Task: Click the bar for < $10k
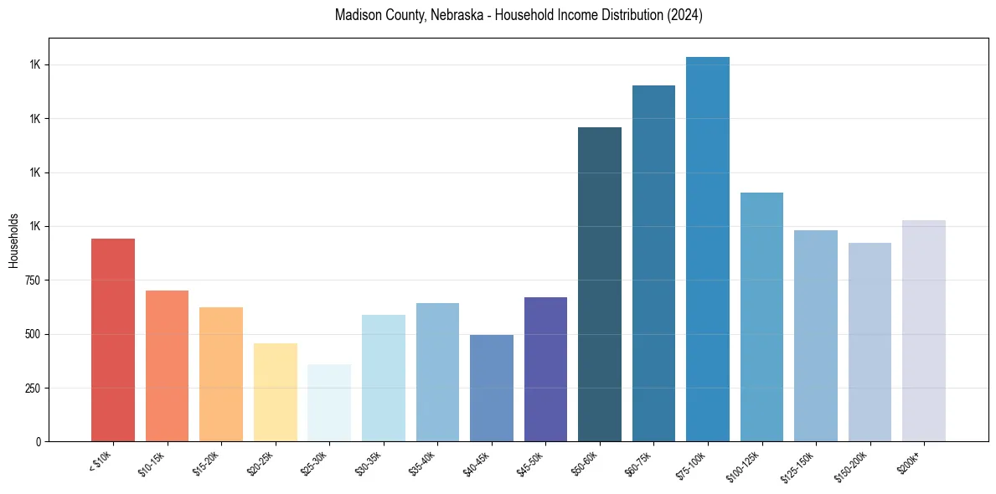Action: point(113,340)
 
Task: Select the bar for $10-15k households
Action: point(167,366)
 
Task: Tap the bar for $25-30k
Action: point(329,403)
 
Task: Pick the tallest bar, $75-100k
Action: point(708,249)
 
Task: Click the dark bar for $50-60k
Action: point(600,284)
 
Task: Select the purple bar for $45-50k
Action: point(545,369)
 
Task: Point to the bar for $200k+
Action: point(924,331)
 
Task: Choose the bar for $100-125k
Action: point(761,316)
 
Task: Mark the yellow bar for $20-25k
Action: point(275,392)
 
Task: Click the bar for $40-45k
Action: point(492,388)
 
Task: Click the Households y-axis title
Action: point(14,240)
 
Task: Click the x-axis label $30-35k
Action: point(365,463)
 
